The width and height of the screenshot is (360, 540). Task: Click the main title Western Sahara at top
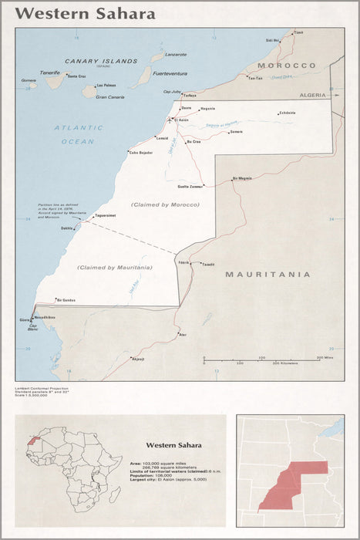[x=86, y=14]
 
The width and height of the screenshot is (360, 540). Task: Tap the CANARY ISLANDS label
[x=101, y=61]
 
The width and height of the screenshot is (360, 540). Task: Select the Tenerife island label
[x=50, y=71]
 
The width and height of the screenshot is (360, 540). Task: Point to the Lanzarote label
[x=176, y=55]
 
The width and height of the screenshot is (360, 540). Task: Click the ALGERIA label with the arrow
[x=314, y=94]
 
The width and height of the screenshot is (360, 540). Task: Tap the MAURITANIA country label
[x=267, y=274]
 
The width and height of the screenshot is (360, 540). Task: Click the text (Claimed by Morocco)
[x=165, y=204]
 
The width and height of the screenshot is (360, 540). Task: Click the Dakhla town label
[x=67, y=228]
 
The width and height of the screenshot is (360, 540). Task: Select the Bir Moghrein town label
[x=242, y=178]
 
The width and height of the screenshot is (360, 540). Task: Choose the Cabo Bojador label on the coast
[x=141, y=153]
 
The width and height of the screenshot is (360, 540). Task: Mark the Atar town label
[x=183, y=335]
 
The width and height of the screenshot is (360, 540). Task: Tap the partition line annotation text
[x=58, y=211]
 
